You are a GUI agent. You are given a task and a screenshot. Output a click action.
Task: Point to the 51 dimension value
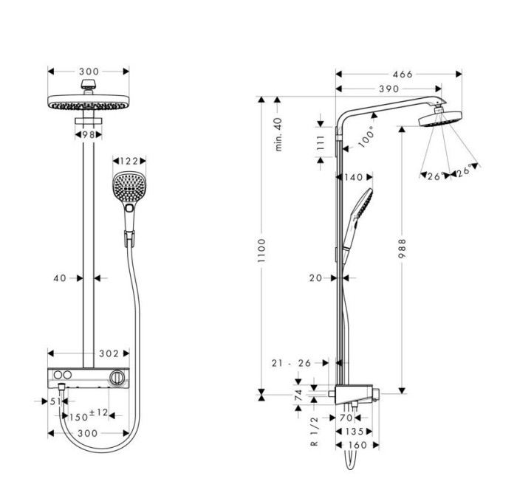[55, 402]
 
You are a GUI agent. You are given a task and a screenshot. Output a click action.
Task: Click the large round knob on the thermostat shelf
[115, 378]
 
